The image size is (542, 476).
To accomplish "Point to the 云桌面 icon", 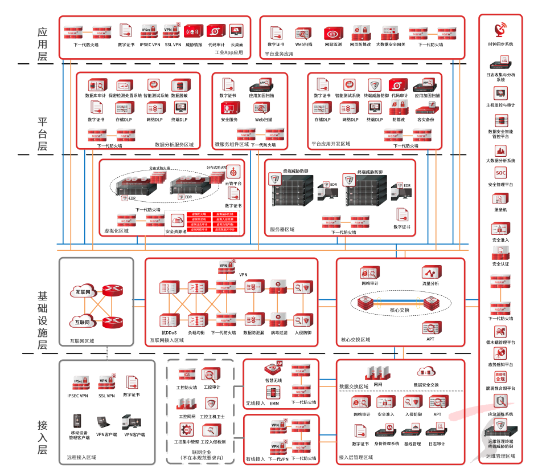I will pyautogui.click(x=237, y=31).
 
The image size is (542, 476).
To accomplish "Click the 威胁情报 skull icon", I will pyautogui.click(x=194, y=31).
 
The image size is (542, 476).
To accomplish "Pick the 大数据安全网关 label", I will pyautogui.click(x=391, y=44).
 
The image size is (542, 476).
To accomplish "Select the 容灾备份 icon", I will pyautogui.click(x=425, y=108).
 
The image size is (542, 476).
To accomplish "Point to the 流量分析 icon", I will pyautogui.click(x=430, y=272).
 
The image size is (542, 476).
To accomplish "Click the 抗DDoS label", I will pyautogui.click(x=169, y=332).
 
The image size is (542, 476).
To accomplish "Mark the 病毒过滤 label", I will pyautogui.click(x=279, y=332).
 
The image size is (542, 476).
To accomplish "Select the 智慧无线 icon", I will pyautogui.click(x=273, y=369).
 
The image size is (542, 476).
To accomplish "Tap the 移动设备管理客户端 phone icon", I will pyautogui.click(x=79, y=422).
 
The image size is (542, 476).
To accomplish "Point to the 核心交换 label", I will pyautogui.click(x=400, y=310).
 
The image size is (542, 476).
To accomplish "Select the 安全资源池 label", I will pyautogui.click(x=175, y=231).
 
